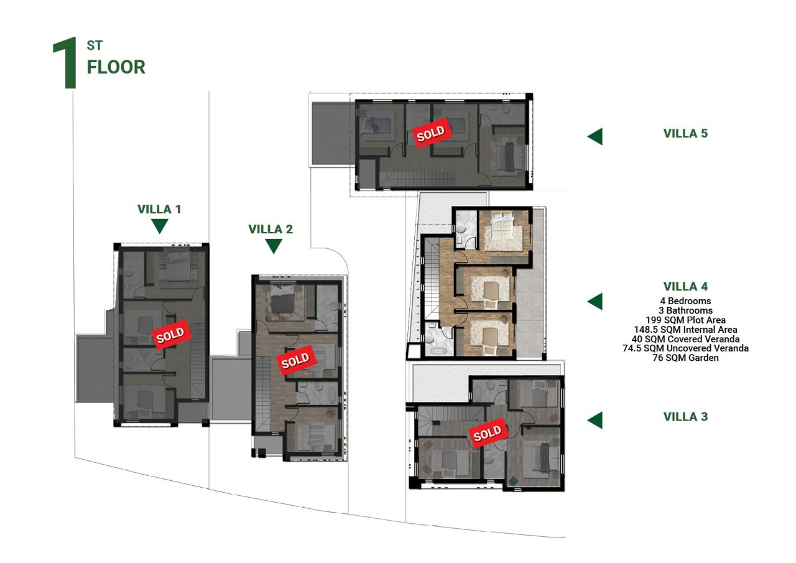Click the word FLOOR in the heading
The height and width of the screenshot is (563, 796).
pyautogui.click(x=116, y=67)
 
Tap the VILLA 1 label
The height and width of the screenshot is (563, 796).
pyautogui.click(x=159, y=210)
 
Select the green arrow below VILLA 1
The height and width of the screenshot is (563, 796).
pyautogui.click(x=160, y=225)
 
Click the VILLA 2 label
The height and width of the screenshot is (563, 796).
pyautogui.click(x=271, y=229)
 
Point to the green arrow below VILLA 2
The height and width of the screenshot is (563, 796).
pyautogui.click(x=273, y=246)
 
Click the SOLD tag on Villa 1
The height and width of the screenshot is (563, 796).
pyautogui.click(x=170, y=335)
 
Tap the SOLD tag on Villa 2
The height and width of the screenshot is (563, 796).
pyautogui.click(x=295, y=360)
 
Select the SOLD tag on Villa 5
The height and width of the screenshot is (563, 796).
pyautogui.click(x=430, y=133)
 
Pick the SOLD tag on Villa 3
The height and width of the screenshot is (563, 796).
pyautogui.click(x=487, y=434)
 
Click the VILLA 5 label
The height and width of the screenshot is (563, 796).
pyautogui.click(x=685, y=133)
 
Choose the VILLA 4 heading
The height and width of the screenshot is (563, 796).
pyautogui.click(x=685, y=287)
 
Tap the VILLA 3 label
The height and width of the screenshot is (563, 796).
pyautogui.click(x=685, y=417)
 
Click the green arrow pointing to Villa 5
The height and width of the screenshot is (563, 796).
pyautogui.click(x=595, y=136)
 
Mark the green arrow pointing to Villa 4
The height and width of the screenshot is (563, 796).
pyautogui.click(x=595, y=301)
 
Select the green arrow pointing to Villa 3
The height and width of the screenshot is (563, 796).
pyautogui.click(x=595, y=420)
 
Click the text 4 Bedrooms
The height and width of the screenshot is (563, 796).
pyautogui.click(x=685, y=301)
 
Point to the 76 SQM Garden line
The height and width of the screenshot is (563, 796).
pyautogui.click(x=685, y=358)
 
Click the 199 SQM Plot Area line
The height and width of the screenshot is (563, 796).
pyautogui.click(x=685, y=320)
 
